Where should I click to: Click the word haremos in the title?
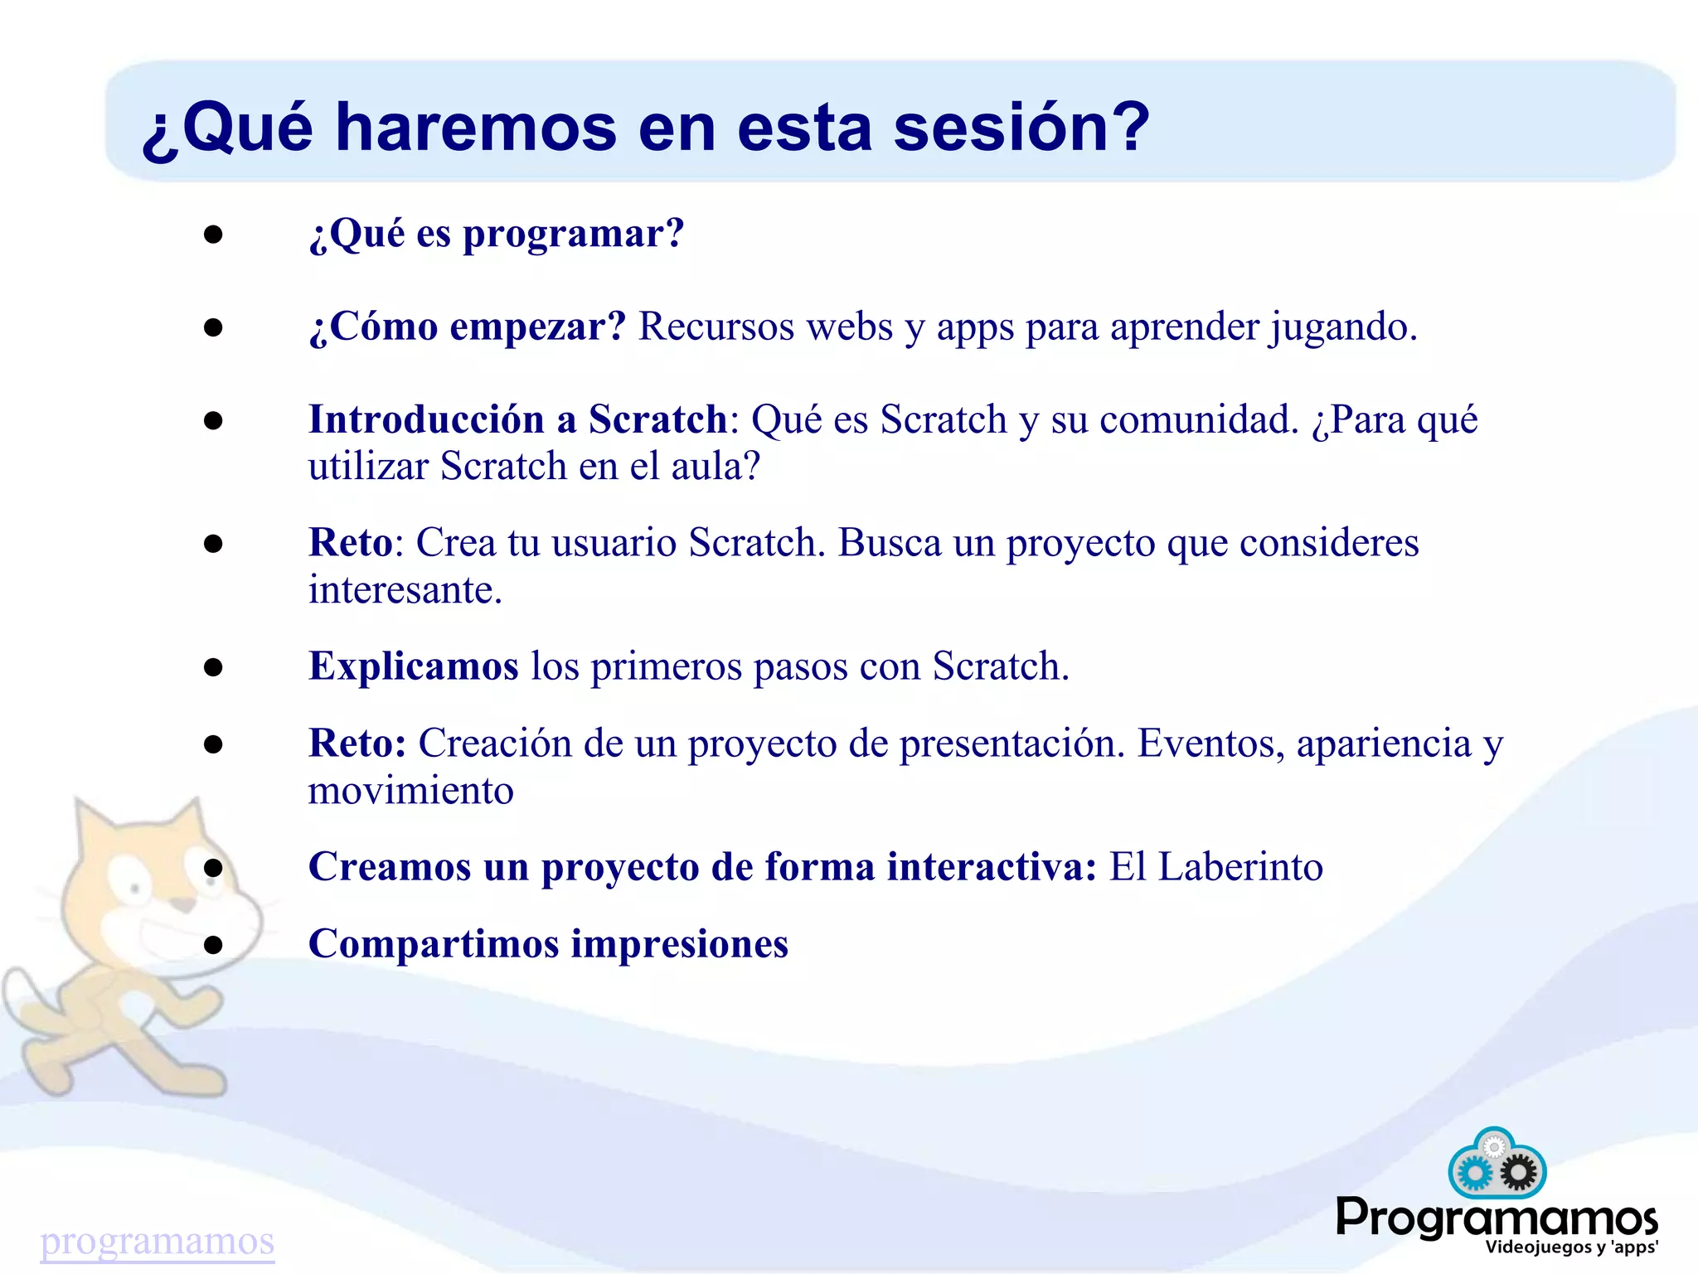pyautogui.click(x=476, y=128)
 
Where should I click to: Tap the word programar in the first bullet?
pyautogui.click(x=573, y=235)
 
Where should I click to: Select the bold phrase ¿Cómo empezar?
pyautogui.click(x=468, y=327)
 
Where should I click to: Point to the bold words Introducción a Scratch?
pyautogui.click(x=517, y=419)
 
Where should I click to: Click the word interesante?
pyautogui.click(x=405, y=591)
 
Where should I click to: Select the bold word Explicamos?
pyautogui.click(x=413, y=667)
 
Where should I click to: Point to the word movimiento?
pyautogui.click(x=410, y=792)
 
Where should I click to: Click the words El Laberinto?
pyautogui.click(x=1215, y=868)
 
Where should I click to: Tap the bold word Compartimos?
pyautogui.click(x=433, y=944)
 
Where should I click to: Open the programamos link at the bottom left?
pyautogui.click(x=157, y=1241)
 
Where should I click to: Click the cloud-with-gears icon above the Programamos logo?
pyautogui.click(x=1497, y=1163)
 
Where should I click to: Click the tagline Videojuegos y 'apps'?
pyautogui.click(x=1571, y=1247)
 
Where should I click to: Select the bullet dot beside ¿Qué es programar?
pyautogui.click(x=213, y=235)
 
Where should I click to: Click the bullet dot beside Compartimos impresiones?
pyautogui.click(x=213, y=944)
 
